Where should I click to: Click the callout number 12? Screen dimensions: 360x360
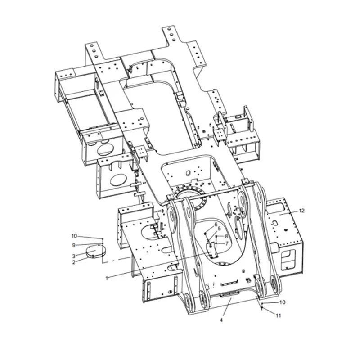(x=301, y=211)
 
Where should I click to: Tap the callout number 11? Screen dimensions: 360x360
(x=278, y=315)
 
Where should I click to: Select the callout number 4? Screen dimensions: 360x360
(x=221, y=320)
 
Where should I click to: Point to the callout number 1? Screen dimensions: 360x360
(x=107, y=278)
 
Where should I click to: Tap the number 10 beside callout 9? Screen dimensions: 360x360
(x=74, y=236)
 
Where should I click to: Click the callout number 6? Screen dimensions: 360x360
(x=216, y=225)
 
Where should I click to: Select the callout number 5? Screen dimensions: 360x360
(x=219, y=229)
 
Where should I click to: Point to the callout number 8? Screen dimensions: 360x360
(x=226, y=236)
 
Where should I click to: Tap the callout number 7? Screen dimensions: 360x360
(x=227, y=243)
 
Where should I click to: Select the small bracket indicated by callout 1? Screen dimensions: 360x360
(x=211, y=250)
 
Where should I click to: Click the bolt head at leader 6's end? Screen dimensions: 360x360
(x=206, y=234)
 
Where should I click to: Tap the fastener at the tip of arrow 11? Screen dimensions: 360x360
(x=262, y=309)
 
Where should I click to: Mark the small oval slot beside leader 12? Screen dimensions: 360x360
(x=277, y=208)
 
